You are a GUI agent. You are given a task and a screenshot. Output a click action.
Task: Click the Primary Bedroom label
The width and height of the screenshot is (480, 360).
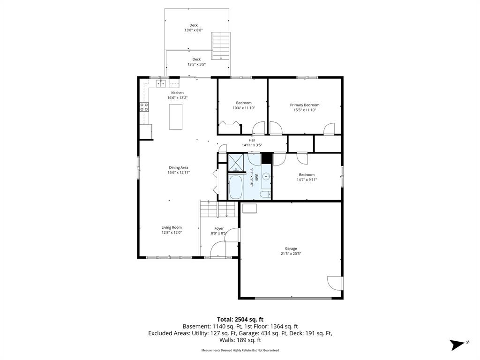click(305, 105)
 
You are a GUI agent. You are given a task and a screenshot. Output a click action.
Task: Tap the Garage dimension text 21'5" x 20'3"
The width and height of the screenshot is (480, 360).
click(291, 254)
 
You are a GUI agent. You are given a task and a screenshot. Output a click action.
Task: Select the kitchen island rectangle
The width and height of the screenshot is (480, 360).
click(176, 117)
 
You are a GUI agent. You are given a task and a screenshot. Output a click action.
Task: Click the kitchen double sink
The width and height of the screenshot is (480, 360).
click(161, 83)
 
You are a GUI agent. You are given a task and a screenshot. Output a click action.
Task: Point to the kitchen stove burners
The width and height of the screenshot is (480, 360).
click(144, 107)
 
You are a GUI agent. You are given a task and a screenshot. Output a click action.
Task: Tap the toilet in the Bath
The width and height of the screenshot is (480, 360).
click(265, 195)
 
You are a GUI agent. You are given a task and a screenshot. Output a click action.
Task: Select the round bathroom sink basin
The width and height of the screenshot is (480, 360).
click(266, 177)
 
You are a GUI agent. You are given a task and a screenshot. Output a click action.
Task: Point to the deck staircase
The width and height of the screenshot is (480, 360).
click(220, 45)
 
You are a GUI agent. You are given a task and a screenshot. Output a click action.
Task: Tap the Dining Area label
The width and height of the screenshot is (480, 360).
click(179, 167)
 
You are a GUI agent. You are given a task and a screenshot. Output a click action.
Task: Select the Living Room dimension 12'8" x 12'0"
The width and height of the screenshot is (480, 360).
click(172, 232)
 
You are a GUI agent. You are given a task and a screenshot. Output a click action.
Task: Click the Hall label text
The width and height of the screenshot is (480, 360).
click(252, 140)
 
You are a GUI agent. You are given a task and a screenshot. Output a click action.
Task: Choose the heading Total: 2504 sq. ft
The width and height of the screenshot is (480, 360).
click(240, 320)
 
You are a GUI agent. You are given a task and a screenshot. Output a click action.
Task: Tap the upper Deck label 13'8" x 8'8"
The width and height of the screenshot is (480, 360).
click(194, 30)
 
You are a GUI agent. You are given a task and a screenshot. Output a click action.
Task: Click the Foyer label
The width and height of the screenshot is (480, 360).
click(219, 228)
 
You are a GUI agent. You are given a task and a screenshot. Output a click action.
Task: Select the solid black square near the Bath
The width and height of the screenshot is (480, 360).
click(266, 158)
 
